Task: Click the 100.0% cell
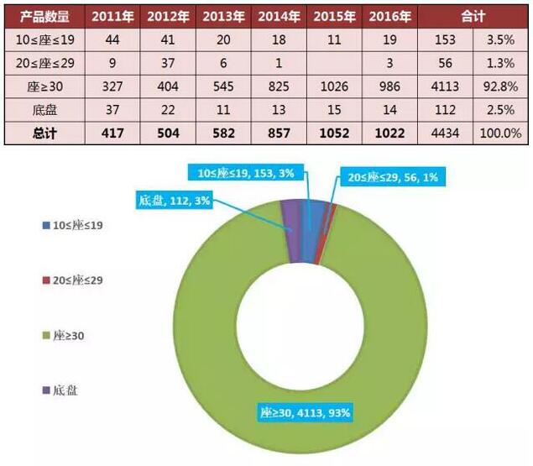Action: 506,133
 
